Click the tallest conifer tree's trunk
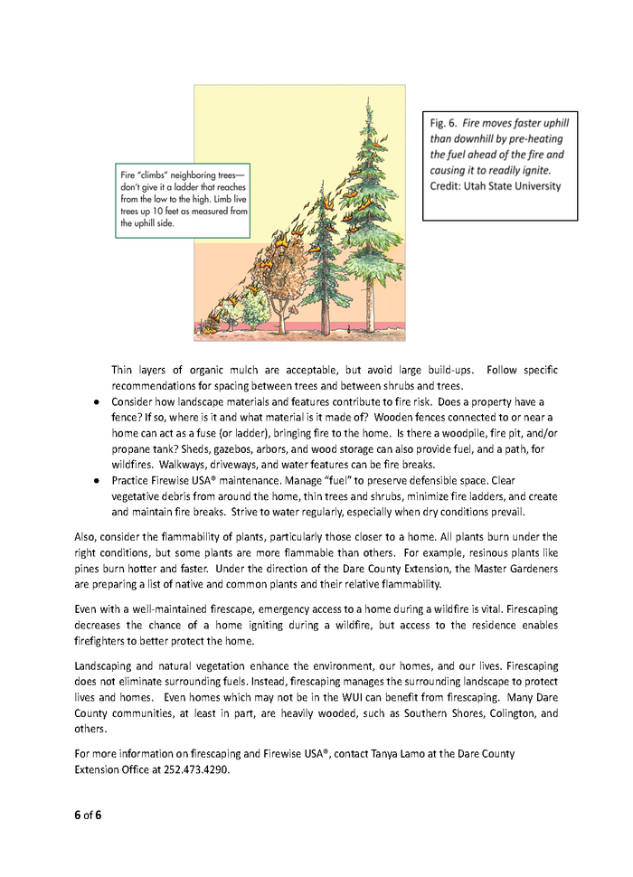click(x=371, y=298)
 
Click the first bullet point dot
click(x=95, y=401)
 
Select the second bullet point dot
click(x=95, y=481)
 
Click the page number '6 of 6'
click(x=88, y=815)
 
